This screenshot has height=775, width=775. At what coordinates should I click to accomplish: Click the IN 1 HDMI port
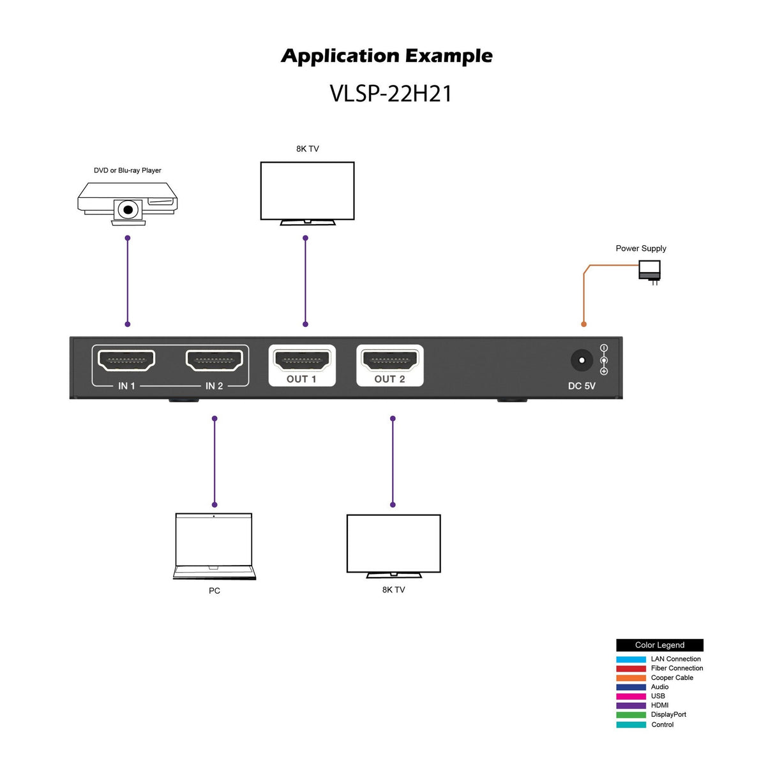coord(126,361)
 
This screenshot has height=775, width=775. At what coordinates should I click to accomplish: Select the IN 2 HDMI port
coord(214,361)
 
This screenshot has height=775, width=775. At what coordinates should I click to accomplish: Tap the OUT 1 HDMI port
coord(302,361)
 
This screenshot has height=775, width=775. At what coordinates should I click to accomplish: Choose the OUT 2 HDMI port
coord(390,361)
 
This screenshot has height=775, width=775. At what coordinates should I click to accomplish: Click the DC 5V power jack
coord(582,361)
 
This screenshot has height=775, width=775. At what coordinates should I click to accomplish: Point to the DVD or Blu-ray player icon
coord(128,201)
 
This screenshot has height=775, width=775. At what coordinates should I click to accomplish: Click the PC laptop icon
coord(214,546)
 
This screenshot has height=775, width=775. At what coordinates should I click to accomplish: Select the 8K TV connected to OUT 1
coord(307,192)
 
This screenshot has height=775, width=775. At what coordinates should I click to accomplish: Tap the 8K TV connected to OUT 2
coord(393,545)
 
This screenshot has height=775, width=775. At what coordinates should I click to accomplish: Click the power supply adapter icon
coord(649,271)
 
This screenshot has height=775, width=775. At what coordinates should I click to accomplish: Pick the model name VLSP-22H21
coord(391,94)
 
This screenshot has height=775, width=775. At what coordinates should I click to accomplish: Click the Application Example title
coord(387,56)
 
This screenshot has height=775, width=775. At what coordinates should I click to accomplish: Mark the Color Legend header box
coord(659,645)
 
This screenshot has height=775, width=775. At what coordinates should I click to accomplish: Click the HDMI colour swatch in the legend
coord(631,705)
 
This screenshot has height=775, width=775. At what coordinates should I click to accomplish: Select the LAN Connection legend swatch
coord(631,659)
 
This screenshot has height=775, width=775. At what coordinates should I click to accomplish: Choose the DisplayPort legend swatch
coord(631,715)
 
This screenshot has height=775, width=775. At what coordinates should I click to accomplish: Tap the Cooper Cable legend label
coord(672,678)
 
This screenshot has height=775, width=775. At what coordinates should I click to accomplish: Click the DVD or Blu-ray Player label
coord(128,170)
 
